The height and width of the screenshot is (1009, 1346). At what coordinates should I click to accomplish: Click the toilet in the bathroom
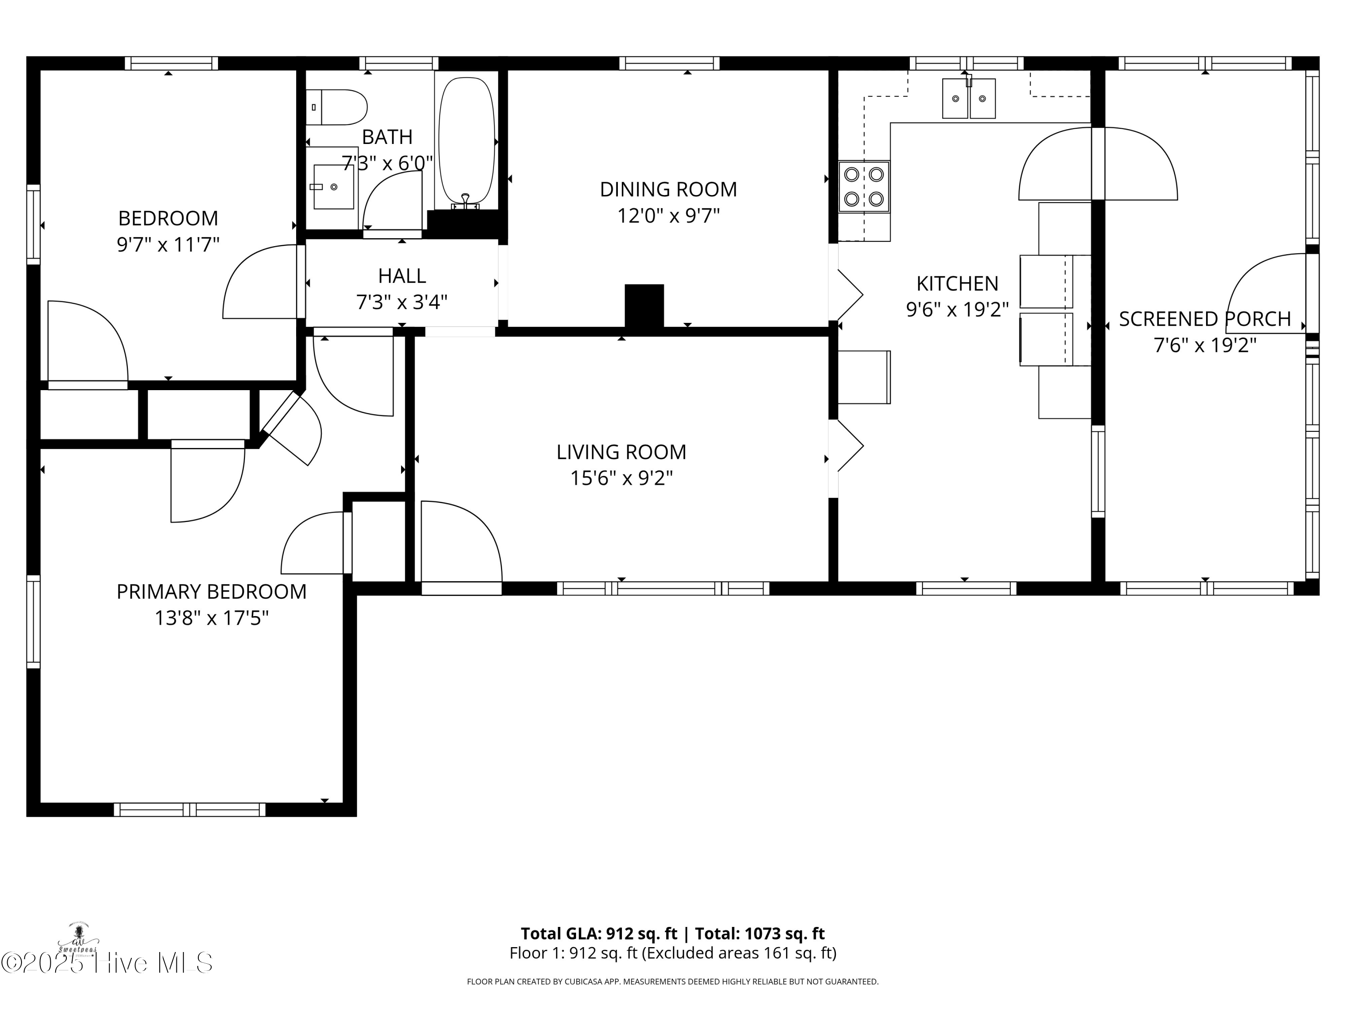point(336,107)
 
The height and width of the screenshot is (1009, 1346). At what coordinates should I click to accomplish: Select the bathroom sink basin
point(333,187)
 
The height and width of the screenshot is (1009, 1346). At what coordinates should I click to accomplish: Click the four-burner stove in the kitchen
point(864,187)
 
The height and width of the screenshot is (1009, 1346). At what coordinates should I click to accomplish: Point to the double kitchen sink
point(969,98)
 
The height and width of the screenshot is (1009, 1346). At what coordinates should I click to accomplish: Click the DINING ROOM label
point(668,189)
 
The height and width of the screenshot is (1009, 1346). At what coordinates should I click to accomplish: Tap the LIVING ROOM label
point(621,452)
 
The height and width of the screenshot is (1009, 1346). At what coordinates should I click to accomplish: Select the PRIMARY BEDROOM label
point(212,591)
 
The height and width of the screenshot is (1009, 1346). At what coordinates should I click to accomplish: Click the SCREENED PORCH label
point(1205,319)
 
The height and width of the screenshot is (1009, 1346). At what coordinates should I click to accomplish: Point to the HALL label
point(402,275)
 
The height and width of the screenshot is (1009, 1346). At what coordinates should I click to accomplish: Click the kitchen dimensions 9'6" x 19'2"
point(957,309)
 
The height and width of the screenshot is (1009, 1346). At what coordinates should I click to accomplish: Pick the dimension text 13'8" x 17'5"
point(212,618)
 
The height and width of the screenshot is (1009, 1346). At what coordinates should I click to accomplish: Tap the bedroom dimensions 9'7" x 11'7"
point(168,244)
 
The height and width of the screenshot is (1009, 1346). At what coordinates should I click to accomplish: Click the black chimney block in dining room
point(644,307)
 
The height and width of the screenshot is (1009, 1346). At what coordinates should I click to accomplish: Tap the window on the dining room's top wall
point(669,63)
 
